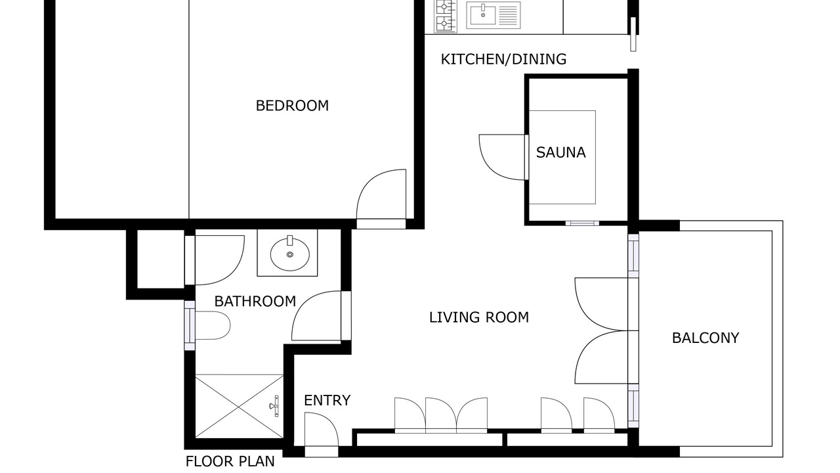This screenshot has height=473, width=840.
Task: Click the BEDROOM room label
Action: (x=292, y=106)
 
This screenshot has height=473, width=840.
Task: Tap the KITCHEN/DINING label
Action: (x=503, y=59)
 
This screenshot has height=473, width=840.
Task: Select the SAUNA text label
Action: (x=560, y=152)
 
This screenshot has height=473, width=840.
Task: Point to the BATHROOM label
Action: (x=255, y=302)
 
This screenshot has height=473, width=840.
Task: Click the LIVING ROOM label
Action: (x=479, y=317)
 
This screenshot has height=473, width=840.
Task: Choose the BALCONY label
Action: (x=705, y=338)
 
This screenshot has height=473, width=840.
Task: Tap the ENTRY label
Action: (x=327, y=401)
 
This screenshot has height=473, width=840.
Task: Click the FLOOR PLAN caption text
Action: (x=230, y=461)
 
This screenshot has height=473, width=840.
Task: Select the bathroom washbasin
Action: (x=290, y=254)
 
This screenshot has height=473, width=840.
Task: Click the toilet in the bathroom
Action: (x=213, y=325)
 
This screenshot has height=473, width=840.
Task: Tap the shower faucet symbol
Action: (x=274, y=406)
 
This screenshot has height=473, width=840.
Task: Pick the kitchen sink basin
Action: (x=483, y=15)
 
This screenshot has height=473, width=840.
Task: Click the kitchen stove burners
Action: (x=446, y=16)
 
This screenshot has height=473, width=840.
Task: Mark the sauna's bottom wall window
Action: (x=582, y=223)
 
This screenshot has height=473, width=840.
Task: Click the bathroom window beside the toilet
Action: (x=190, y=325)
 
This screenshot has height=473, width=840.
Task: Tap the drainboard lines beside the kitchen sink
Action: (x=508, y=15)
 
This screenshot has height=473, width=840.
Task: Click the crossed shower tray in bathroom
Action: (x=240, y=406)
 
